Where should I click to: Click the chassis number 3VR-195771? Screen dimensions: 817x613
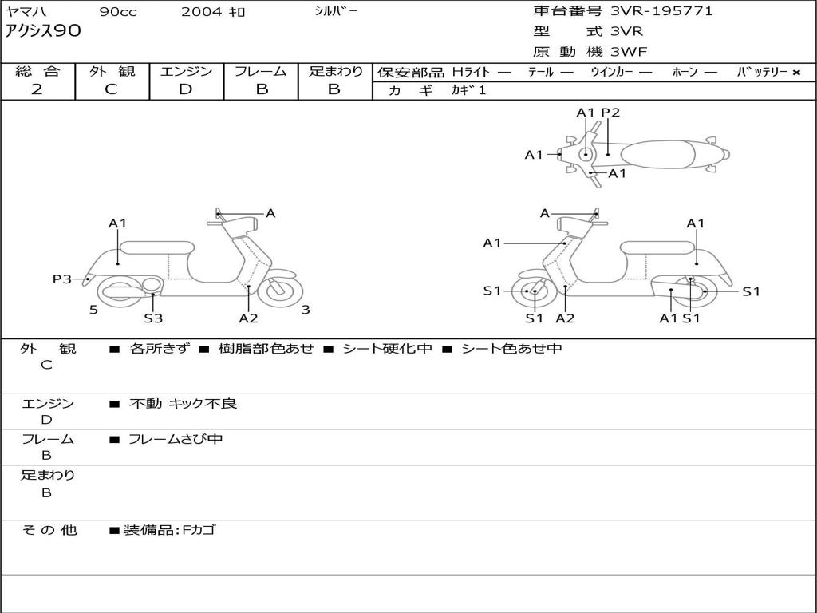tap(661, 11)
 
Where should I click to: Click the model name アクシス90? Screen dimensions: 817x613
tap(43, 32)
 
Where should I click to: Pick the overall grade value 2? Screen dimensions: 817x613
tap(37, 89)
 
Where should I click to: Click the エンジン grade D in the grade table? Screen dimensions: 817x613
tap(185, 89)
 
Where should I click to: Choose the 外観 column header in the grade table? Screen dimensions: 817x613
tap(112, 72)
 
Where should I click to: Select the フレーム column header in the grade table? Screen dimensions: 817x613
tap(261, 72)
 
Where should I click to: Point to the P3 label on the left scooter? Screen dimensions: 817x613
tap(62, 279)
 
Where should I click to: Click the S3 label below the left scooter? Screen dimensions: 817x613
tap(153, 318)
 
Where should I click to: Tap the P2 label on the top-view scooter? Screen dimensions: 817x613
tap(610, 113)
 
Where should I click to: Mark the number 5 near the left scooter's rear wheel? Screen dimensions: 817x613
tap(93, 310)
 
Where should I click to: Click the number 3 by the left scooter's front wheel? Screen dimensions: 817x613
tap(306, 310)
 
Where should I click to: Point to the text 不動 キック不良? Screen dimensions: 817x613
tap(183, 404)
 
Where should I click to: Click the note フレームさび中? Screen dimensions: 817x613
tap(176, 439)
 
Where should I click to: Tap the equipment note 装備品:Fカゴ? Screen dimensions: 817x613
tap(169, 529)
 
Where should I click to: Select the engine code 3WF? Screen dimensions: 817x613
tap(629, 52)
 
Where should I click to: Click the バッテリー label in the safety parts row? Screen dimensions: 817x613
tap(762, 72)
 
